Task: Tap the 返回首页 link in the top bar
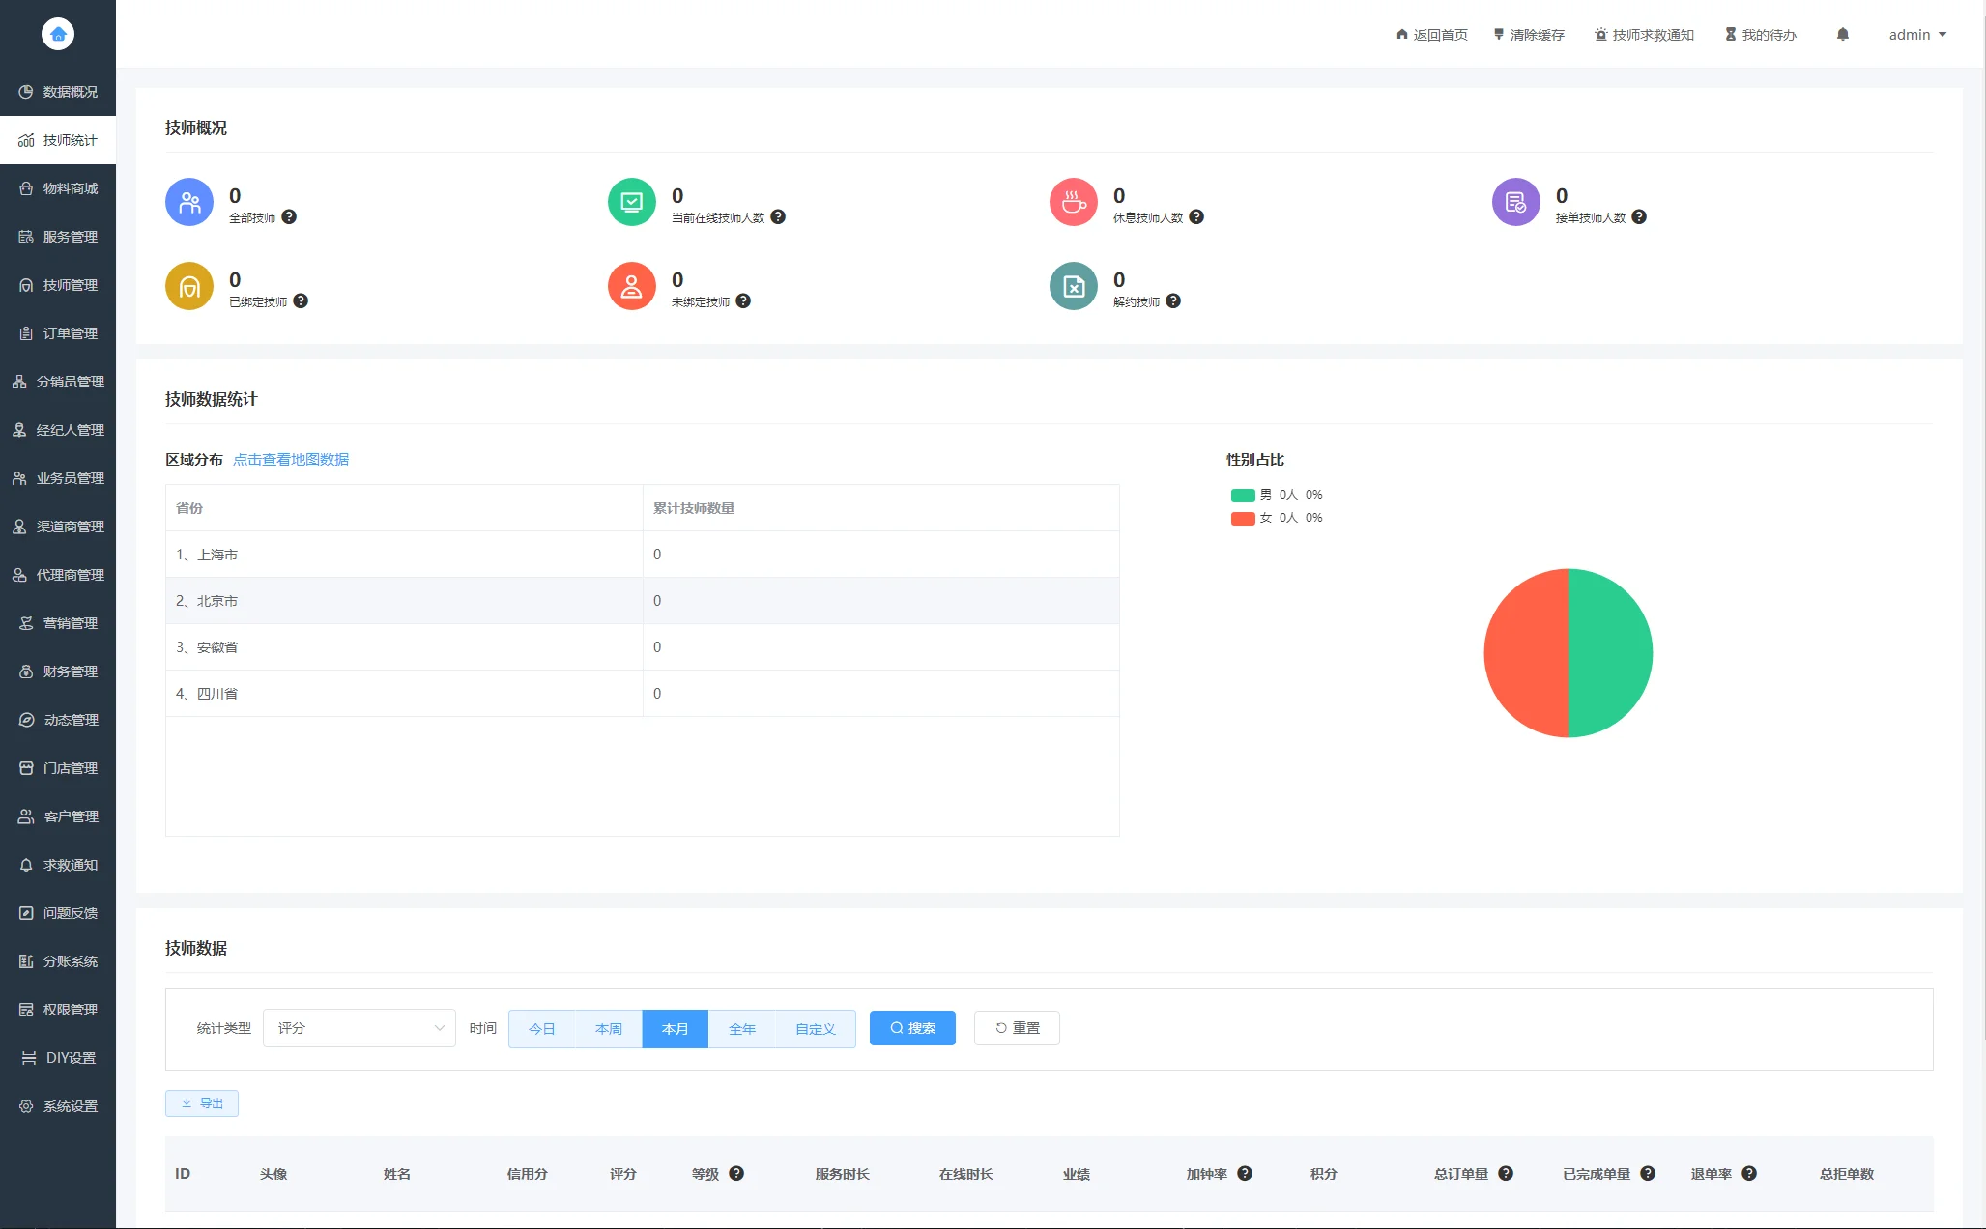point(1432,35)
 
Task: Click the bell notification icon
point(1843,35)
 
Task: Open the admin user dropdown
point(1917,35)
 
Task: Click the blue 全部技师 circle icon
point(189,202)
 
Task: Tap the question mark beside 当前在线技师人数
point(778,217)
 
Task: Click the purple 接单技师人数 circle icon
point(1515,202)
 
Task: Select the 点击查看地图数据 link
point(291,460)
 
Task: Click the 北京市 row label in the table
point(217,601)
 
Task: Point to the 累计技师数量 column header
point(694,508)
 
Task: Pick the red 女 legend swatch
point(1243,519)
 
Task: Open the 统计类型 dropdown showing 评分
point(359,1028)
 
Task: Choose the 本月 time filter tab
point(675,1029)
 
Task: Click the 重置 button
point(1017,1028)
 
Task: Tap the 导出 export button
point(202,1103)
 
